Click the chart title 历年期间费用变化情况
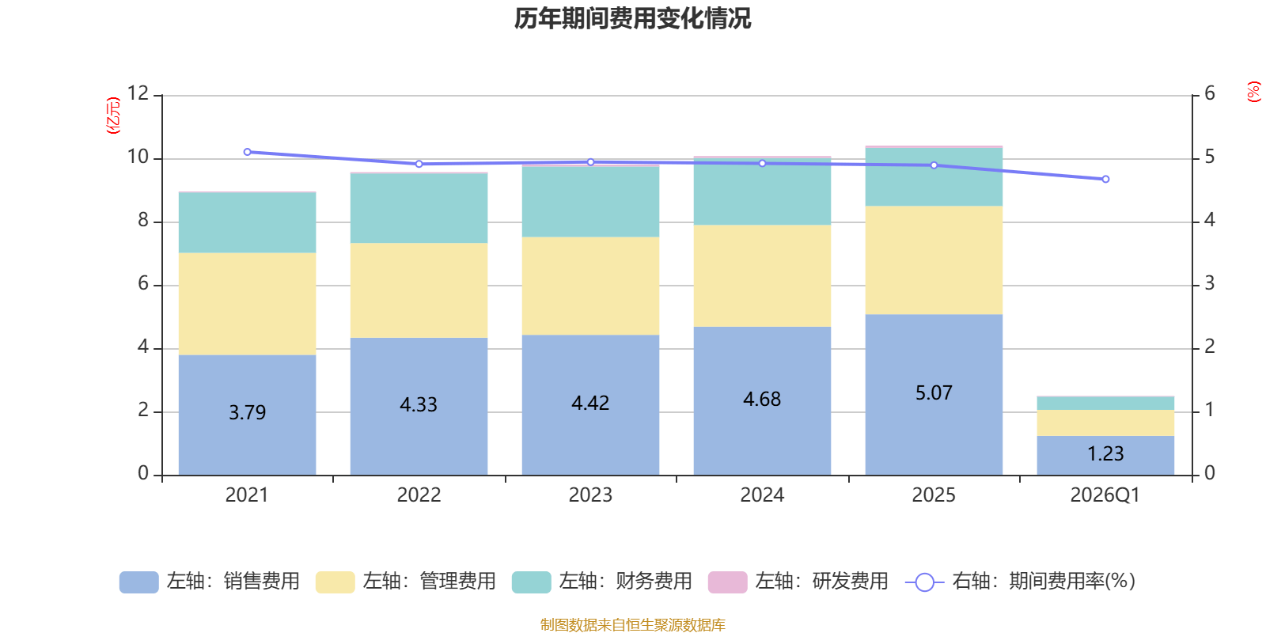tap(632, 18)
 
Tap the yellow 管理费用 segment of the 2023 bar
tap(590, 286)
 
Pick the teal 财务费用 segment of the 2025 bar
tap(934, 177)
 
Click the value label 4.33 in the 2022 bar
tap(419, 405)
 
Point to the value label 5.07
tap(934, 393)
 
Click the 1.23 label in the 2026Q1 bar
tap(1105, 454)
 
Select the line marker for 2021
tap(247, 152)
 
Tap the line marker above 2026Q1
tap(1105, 180)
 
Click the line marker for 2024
tap(762, 164)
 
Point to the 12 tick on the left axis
tap(138, 94)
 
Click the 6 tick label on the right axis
tap(1210, 94)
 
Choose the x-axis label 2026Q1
tap(1105, 495)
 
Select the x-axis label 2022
tap(419, 495)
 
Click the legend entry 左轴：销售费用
tap(210, 582)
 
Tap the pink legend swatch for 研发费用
tap(727, 582)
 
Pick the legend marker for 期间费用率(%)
tap(924, 582)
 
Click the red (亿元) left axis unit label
tap(113, 116)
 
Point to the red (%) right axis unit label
tap(1253, 92)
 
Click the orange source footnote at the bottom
tap(632, 625)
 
